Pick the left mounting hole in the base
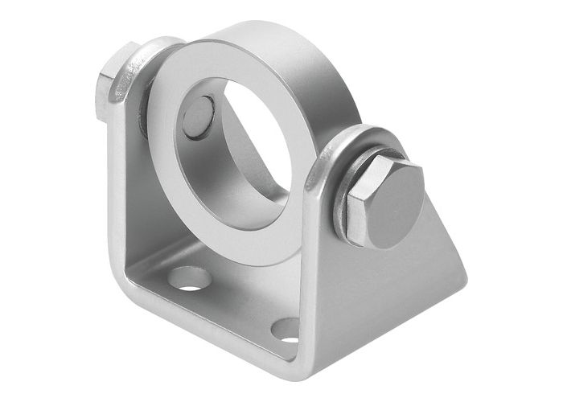pyautogui.click(x=191, y=279)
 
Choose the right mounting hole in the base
pyautogui.click(x=286, y=328)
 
